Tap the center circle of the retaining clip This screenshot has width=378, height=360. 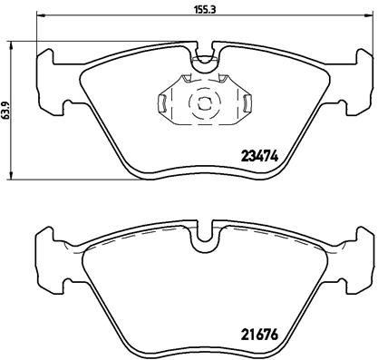pyautogui.click(x=204, y=102)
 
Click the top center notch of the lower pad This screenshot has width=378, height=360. pyautogui.click(x=206, y=238)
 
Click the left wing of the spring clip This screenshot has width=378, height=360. pyautogui.click(x=164, y=103)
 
